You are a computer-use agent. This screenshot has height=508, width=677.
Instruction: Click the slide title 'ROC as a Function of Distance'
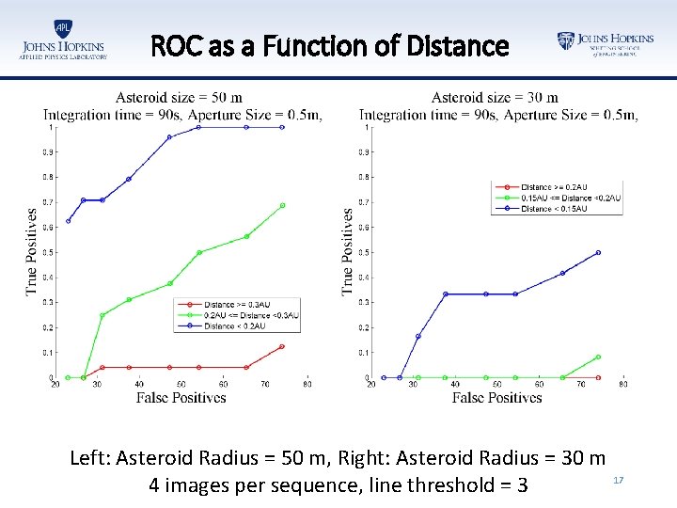point(330,46)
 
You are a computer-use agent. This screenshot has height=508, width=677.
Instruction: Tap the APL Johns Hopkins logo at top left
point(63,40)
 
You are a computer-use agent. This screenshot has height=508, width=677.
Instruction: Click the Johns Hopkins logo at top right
point(605,42)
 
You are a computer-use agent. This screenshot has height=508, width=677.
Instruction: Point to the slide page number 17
point(619,481)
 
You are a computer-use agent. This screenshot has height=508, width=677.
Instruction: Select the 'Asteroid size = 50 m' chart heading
point(179,97)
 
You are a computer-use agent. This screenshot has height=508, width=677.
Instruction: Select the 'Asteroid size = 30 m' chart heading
point(495,97)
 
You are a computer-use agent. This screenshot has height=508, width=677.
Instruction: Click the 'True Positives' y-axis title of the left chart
point(32,252)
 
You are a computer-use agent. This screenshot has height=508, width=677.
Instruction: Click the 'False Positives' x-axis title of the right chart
point(496,398)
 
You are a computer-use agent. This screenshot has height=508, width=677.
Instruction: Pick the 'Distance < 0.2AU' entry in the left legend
point(238,325)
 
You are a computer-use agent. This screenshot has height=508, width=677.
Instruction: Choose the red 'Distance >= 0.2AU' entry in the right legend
point(555,187)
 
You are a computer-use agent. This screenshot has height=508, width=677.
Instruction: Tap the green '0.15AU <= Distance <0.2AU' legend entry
point(570,198)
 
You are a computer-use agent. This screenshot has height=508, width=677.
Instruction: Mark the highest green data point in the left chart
point(282,205)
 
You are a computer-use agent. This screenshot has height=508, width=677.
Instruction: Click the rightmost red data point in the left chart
point(282,346)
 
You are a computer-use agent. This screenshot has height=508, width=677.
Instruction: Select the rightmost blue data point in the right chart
point(598,252)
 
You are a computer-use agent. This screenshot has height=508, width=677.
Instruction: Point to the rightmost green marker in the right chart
point(598,357)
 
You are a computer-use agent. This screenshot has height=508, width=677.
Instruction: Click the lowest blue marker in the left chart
point(69,221)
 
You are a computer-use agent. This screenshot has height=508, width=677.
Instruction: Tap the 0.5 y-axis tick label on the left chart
point(47,252)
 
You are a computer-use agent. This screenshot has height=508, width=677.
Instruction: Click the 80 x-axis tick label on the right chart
point(622,384)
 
